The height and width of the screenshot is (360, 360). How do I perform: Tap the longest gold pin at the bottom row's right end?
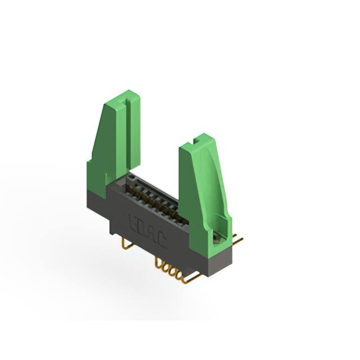191,278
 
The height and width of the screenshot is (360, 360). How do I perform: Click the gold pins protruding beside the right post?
237,241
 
